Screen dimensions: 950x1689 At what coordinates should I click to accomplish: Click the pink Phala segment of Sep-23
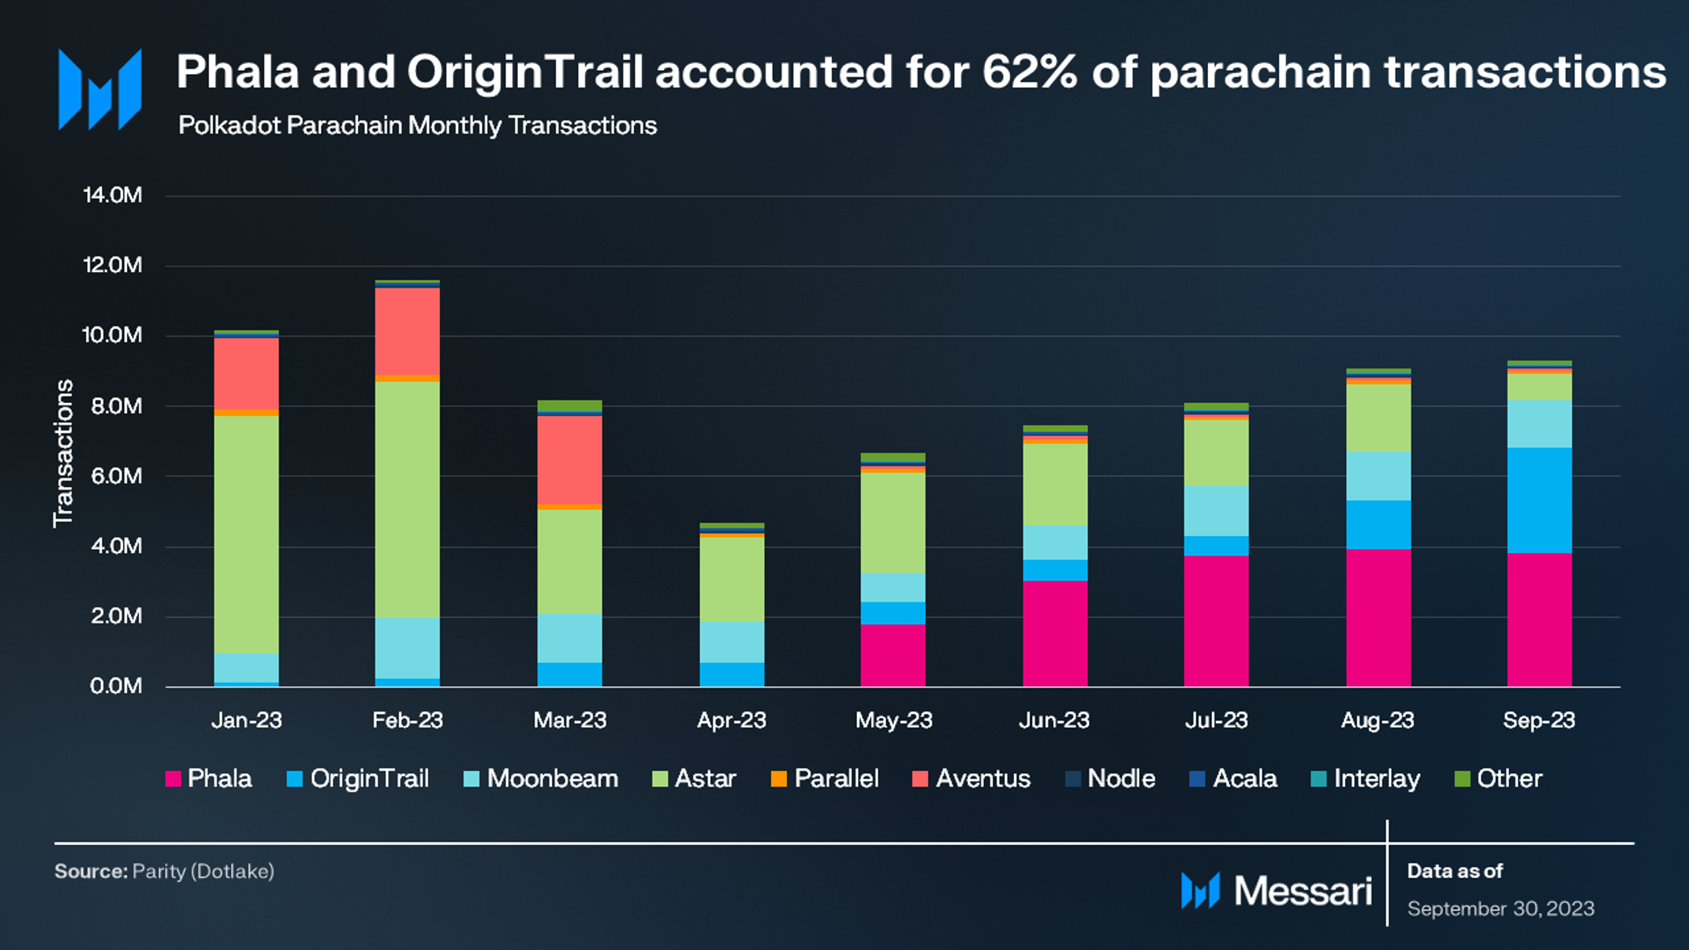(1538, 619)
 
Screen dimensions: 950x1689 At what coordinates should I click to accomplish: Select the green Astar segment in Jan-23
(246, 534)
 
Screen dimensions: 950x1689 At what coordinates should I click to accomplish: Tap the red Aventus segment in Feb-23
(407, 332)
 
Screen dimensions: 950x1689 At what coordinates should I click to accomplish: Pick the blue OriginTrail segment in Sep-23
(1538, 500)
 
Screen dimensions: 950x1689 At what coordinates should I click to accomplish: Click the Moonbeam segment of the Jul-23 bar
(1216, 510)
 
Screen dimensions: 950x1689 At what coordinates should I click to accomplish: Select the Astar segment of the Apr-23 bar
(732, 579)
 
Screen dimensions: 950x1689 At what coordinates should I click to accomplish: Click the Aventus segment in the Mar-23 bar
(569, 460)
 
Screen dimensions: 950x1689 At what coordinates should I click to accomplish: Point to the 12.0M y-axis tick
(113, 265)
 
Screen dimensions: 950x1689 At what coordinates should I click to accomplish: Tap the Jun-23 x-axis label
(1054, 720)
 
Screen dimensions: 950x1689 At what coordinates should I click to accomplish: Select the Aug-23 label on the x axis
(1378, 720)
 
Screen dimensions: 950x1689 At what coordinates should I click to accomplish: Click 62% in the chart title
(1029, 73)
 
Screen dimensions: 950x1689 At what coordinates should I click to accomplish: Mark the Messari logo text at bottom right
(1303, 891)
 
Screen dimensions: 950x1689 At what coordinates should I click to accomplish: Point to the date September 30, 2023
(1501, 908)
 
